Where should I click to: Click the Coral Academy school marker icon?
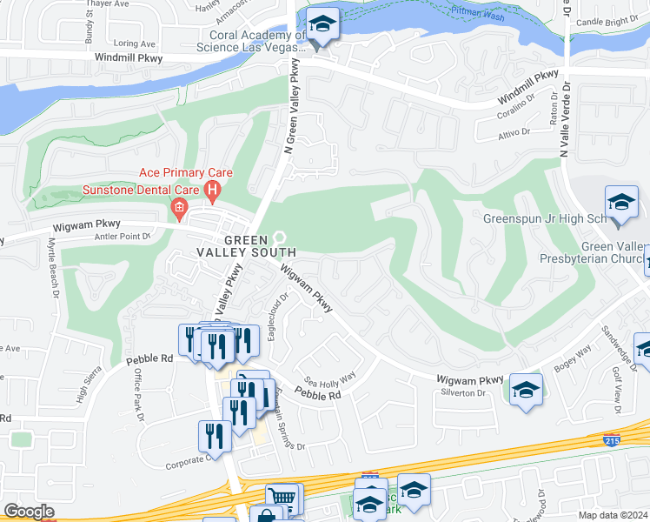pos(322,25)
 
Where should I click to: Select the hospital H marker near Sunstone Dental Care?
pos(212,189)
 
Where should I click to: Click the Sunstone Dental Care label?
pos(141,190)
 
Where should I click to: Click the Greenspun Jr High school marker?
pos(621,204)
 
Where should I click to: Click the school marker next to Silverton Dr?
pos(526,390)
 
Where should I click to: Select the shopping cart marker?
pos(282,499)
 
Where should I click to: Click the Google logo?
pos(29,512)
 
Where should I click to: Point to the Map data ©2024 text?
pos(614,515)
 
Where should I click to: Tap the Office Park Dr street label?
pos(137,395)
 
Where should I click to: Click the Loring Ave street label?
pos(134,43)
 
